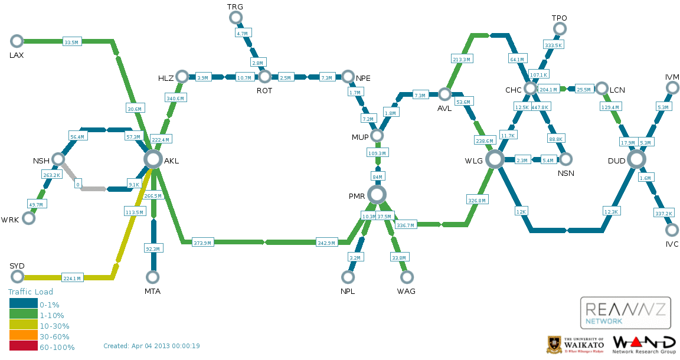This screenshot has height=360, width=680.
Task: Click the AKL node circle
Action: (153, 159)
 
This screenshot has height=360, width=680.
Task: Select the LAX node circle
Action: (17, 41)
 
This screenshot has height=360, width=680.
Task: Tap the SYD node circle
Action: (17, 276)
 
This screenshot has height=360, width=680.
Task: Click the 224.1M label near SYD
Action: (72, 278)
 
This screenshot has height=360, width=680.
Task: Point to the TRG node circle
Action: (236, 17)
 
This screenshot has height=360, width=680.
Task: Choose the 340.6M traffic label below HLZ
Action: (175, 99)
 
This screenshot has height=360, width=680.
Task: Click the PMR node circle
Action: (377, 195)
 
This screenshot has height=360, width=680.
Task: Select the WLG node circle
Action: (495, 159)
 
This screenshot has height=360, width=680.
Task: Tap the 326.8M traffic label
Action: (477, 201)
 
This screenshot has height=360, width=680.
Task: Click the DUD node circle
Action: (637, 159)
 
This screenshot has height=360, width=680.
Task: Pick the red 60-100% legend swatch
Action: (24, 346)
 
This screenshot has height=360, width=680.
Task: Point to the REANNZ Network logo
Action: (625, 313)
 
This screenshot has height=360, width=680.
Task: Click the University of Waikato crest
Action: (554, 345)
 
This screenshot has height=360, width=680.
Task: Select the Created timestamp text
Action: (151, 346)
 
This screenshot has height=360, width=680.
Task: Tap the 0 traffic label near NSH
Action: (78, 184)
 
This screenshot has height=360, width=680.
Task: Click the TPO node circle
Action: (560, 29)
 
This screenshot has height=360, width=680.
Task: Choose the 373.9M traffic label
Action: (202, 243)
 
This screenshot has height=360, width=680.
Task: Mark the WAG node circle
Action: (406, 277)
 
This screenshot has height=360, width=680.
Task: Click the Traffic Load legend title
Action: (30, 292)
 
